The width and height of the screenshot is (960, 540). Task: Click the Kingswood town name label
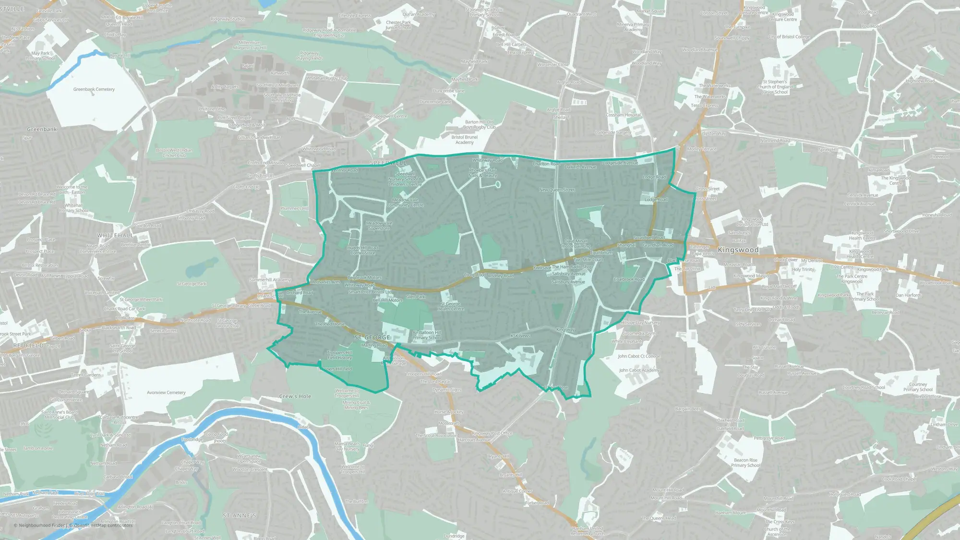pyautogui.click(x=738, y=250)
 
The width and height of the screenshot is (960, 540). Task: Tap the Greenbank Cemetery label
pyautogui.click(x=94, y=89)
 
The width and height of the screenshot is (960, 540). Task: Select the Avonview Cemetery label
pyautogui.click(x=166, y=393)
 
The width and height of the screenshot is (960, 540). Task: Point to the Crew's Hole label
pyautogui.click(x=295, y=396)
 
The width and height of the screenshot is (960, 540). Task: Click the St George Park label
pyautogui.click(x=192, y=284)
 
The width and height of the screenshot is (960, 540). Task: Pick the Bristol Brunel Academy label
pyautogui.click(x=464, y=140)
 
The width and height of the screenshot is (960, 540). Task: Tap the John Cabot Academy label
pyautogui.click(x=639, y=370)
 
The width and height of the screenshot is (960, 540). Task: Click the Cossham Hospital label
pyautogui.click(x=623, y=115)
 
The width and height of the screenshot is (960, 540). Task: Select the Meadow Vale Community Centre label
pyautogui.click(x=405, y=203)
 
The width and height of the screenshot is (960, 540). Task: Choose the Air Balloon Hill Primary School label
pyautogui.click(x=426, y=335)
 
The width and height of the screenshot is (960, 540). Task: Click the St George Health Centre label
pyautogui.click(x=450, y=306)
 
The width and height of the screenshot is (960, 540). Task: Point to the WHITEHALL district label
pyautogui.click(x=115, y=236)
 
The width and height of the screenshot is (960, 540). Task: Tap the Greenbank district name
pyautogui.click(x=42, y=130)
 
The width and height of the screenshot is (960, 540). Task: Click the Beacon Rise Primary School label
pyautogui.click(x=745, y=463)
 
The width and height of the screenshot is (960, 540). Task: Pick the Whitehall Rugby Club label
pyautogui.click(x=327, y=78)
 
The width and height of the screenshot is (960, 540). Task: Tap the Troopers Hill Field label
pyautogui.click(x=336, y=369)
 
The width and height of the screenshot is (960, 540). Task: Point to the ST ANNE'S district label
pyautogui.click(x=240, y=516)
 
